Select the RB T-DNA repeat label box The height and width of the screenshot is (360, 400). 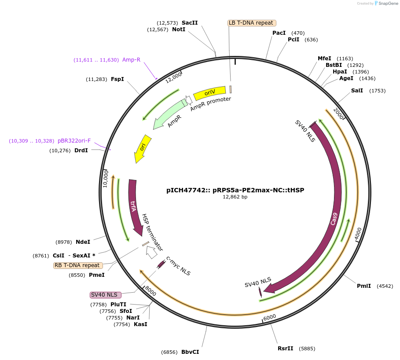78,265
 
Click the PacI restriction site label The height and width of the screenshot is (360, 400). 279,33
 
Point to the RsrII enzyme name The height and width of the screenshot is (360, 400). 285,349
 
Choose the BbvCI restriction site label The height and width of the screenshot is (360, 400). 190,352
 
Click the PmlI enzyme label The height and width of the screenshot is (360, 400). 364,286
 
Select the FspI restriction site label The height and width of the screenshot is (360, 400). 117,79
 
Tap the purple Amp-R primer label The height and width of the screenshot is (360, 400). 131,60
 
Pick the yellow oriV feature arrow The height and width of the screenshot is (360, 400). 209,92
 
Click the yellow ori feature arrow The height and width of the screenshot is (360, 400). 143,148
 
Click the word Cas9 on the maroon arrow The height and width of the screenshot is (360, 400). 334,219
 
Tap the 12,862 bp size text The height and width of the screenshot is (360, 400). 235,197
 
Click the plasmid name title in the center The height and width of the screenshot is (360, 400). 235,191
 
